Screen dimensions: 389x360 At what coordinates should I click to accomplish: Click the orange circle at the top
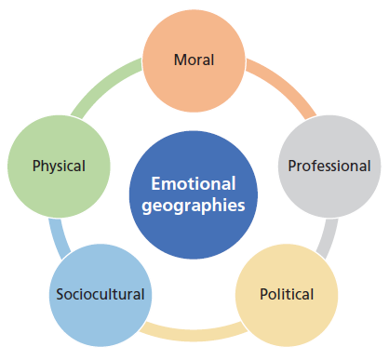pyautogui.click(x=194, y=59)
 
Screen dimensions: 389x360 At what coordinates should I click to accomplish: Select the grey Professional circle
pyautogui.click(x=329, y=166)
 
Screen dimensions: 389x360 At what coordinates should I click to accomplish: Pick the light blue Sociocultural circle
pyautogui.click(x=98, y=295)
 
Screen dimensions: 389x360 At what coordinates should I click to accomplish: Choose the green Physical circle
pyautogui.click(x=58, y=166)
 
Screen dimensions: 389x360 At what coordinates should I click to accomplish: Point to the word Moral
pyautogui.click(x=194, y=60)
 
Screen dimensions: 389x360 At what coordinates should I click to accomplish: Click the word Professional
pyautogui.click(x=329, y=167)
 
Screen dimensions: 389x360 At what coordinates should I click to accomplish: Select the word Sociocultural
pyautogui.click(x=98, y=295)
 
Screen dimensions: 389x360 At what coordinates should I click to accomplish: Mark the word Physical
pyautogui.click(x=58, y=167)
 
